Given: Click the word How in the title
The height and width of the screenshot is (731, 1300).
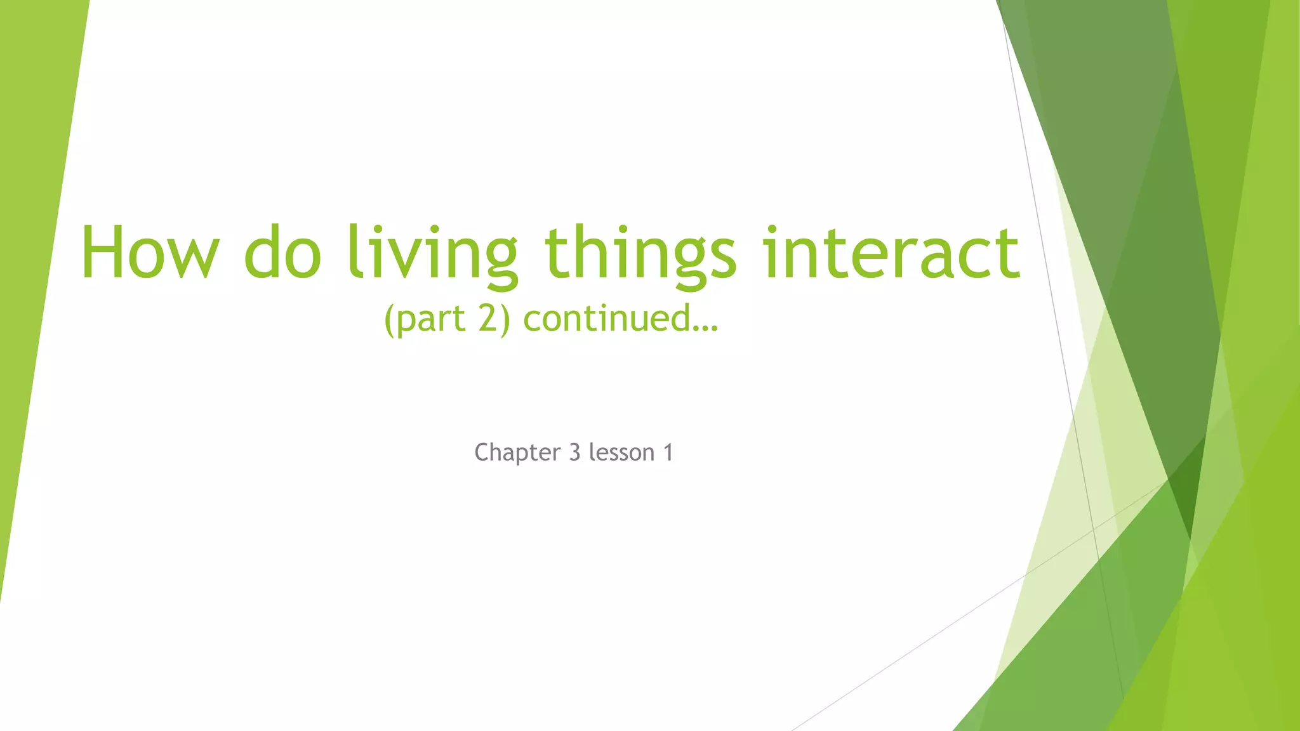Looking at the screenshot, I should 150,253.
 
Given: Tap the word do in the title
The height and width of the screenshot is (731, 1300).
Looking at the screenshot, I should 282,253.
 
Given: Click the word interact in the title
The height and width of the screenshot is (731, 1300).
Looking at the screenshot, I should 892,253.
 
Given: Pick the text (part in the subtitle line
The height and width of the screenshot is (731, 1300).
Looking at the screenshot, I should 425,319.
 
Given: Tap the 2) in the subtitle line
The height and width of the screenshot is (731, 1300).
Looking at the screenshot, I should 494,319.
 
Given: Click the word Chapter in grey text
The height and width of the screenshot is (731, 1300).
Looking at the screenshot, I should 517,453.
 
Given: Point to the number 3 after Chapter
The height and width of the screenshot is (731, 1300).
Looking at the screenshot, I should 574,452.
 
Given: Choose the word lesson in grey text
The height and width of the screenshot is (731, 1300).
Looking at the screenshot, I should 621,452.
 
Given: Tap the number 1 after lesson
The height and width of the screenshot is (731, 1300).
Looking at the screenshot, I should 668,452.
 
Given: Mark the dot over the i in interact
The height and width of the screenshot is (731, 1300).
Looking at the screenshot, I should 772,229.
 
